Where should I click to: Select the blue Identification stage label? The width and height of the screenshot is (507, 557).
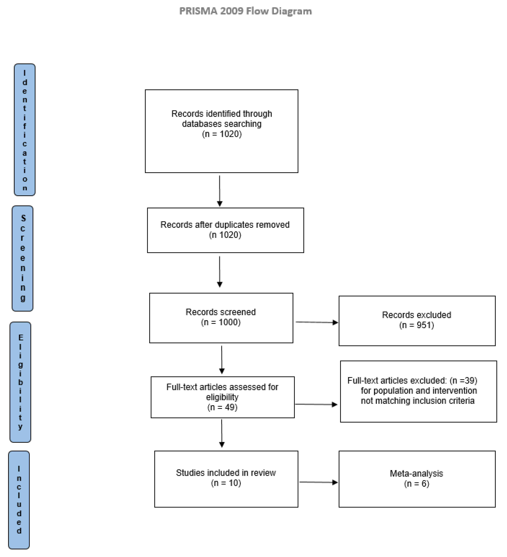25,130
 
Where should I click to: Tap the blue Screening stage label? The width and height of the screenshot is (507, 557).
23,258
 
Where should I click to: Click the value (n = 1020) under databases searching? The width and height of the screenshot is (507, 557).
222,134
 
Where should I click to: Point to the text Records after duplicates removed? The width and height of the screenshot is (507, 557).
225,225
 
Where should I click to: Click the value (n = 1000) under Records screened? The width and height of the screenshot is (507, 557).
221,322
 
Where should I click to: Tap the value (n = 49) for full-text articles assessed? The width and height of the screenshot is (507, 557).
222,407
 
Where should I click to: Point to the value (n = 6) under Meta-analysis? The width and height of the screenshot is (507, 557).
416,484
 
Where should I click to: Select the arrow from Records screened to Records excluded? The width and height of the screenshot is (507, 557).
317,322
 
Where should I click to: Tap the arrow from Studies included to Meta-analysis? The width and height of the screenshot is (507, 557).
319,482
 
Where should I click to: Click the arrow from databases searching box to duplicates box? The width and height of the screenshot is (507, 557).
220,191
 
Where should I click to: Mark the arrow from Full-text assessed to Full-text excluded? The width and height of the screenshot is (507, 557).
316,405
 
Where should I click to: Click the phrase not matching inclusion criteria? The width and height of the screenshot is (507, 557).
418,401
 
